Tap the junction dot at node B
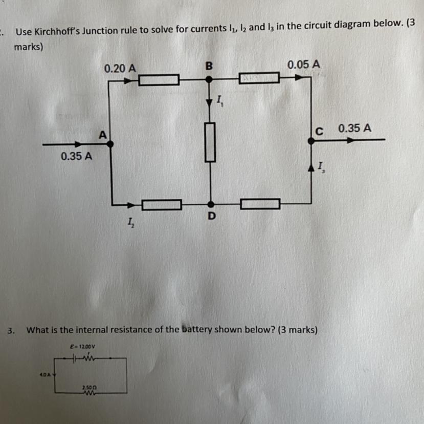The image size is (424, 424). pos(209,79)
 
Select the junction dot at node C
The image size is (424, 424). pos(310,139)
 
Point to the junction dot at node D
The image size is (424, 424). pos(210,204)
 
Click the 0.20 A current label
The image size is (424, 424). pos(120,68)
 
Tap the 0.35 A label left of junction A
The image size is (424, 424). pos(76,156)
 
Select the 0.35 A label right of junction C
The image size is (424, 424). pos(354,128)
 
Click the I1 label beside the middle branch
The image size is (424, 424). pos(219,100)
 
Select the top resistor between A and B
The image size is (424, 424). pos(159,79)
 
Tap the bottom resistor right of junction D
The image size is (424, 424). pos(260,204)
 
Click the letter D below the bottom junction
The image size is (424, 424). pos(211,217)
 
